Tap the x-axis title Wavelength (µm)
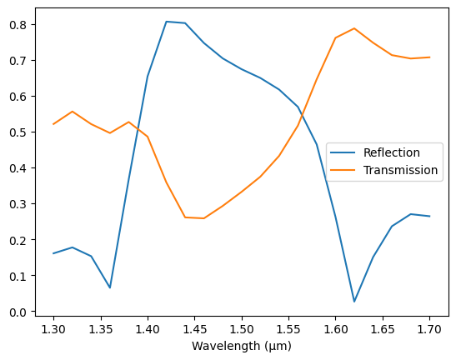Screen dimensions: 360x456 point(242,346)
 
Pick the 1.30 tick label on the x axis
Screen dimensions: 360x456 point(53,328)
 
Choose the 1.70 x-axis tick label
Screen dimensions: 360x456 point(430,328)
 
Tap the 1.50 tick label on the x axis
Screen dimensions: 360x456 point(242,328)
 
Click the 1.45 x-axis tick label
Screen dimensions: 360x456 point(195,328)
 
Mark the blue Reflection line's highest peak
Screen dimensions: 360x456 point(166,22)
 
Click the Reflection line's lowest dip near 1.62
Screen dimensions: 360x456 point(354,302)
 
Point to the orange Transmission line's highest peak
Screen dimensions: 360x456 point(354,28)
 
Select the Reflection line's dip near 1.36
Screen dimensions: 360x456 point(110,288)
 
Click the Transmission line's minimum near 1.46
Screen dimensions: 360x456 point(203,218)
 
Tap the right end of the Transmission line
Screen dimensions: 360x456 point(430,57)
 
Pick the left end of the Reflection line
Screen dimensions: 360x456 point(53,253)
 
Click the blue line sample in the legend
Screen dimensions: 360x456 point(343,152)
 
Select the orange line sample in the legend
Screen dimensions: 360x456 point(343,170)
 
